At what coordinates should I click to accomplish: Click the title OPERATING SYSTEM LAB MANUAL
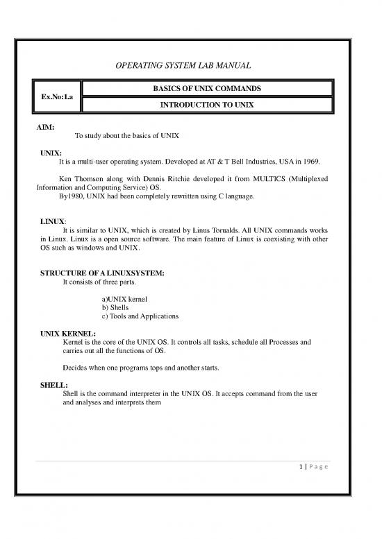(190, 66)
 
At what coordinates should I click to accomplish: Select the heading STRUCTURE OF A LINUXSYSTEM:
(102, 273)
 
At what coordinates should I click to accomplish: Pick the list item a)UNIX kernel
(124, 299)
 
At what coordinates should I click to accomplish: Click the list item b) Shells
(115, 308)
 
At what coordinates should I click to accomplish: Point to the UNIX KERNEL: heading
(73, 334)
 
